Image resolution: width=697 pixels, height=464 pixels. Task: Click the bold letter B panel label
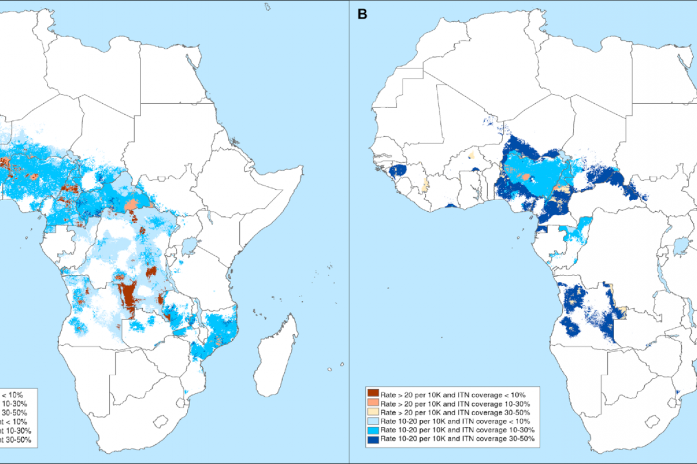click(x=362, y=14)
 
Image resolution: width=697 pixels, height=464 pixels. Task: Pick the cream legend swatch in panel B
click(x=372, y=412)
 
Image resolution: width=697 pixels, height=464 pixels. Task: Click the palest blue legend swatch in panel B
click(x=372, y=421)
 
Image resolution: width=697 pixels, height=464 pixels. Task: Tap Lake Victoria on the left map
click(x=188, y=248)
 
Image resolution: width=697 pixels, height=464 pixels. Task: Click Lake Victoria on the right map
click(x=679, y=248)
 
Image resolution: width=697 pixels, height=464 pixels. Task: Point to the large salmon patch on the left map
click(x=132, y=205)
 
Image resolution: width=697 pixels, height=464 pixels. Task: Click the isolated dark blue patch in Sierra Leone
click(x=398, y=171)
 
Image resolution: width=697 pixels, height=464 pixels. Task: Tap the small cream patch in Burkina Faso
click(x=471, y=155)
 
